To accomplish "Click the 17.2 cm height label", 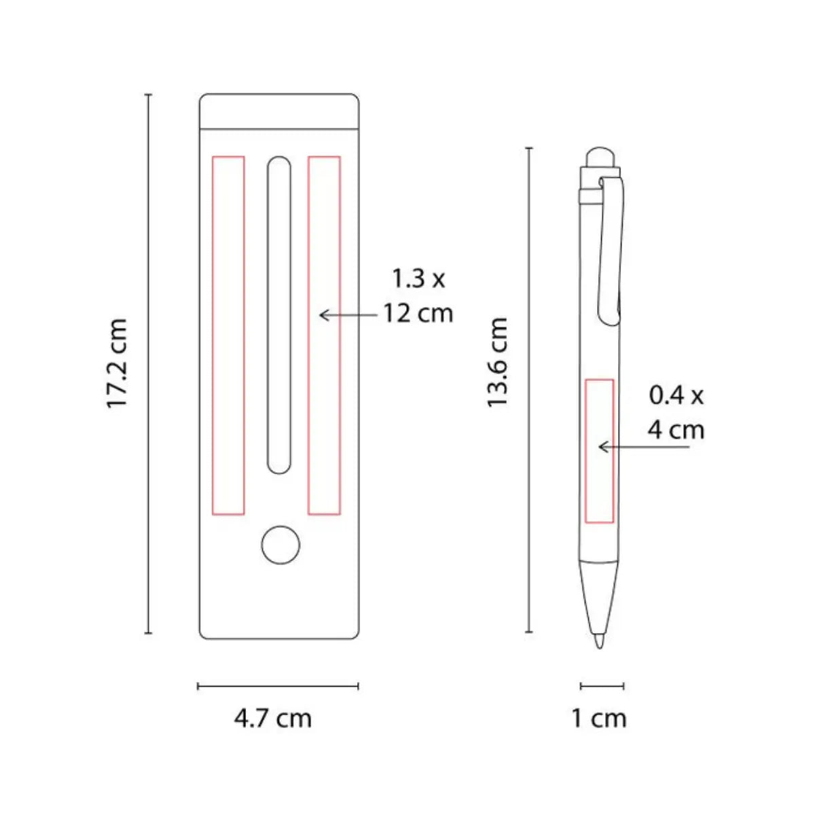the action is (117, 363).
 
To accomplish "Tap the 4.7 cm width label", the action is (273, 719).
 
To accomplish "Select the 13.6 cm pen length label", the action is (497, 363).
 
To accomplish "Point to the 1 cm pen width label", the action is (599, 719).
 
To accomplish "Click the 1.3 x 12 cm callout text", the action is (418, 296).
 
